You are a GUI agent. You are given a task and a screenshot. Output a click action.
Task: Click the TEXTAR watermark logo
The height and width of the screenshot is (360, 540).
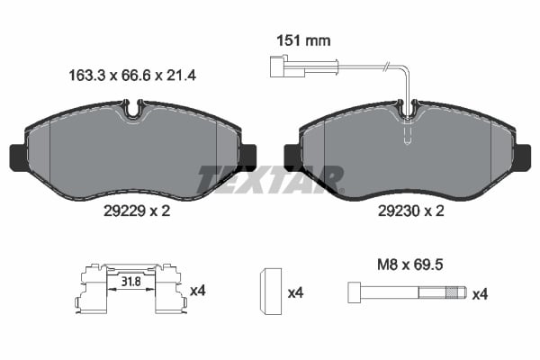[x=270, y=180]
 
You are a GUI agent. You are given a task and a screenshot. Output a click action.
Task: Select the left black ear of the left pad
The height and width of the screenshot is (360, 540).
[x=16, y=157]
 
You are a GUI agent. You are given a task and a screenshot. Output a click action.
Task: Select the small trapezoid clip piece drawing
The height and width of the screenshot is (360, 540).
[x=267, y=292]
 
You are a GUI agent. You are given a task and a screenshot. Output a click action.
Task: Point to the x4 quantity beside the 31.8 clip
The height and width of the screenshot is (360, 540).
[x=198, y=292]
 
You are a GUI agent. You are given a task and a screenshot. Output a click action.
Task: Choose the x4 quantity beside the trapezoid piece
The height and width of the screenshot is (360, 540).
[x=294, y=292]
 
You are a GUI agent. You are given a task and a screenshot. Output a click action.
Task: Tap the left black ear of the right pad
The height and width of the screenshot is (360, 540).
[x=293, y=157]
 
